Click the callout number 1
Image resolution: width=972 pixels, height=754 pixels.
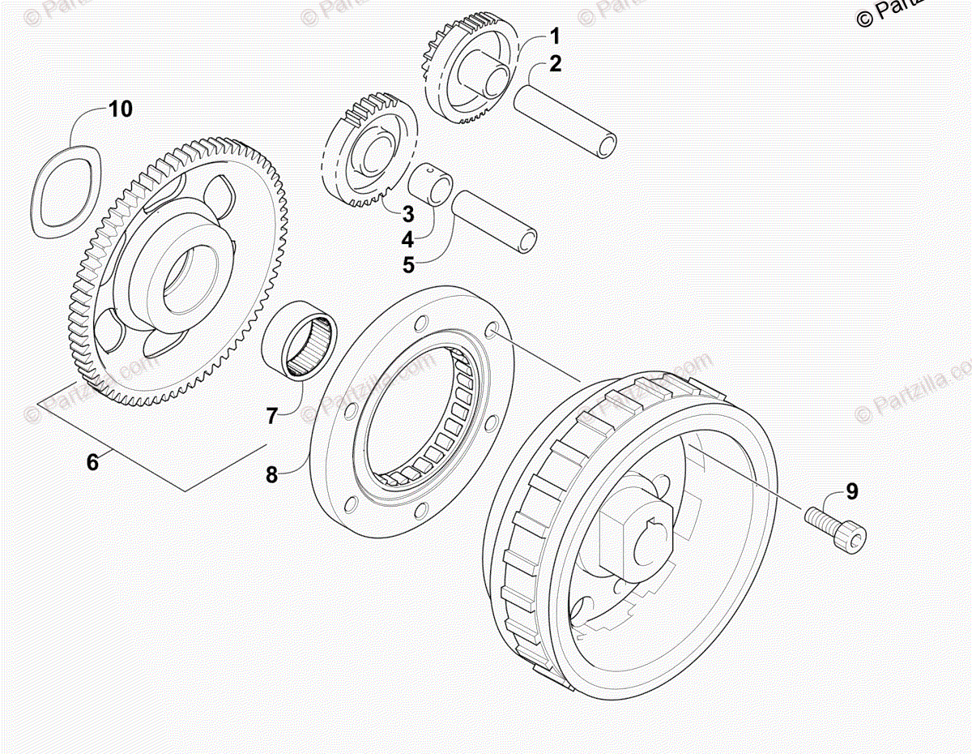pos(555,36)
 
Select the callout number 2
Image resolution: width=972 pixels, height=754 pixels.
pos(555,63)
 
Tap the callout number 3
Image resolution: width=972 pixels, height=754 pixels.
pos(408,215)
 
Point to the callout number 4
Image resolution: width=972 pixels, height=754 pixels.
pos(408,239)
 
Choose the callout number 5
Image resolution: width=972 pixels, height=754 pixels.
pos(408,264)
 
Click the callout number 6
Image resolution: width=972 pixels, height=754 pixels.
pos(92,462)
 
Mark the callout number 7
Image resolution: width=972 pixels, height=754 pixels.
pos(272,416)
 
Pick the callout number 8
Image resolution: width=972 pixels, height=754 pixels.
pos(272,474)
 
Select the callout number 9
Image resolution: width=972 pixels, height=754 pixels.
pos(851,491)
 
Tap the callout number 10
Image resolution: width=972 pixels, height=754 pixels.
pos(121,109)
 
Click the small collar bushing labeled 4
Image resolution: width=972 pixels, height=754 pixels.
pos(428,186)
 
